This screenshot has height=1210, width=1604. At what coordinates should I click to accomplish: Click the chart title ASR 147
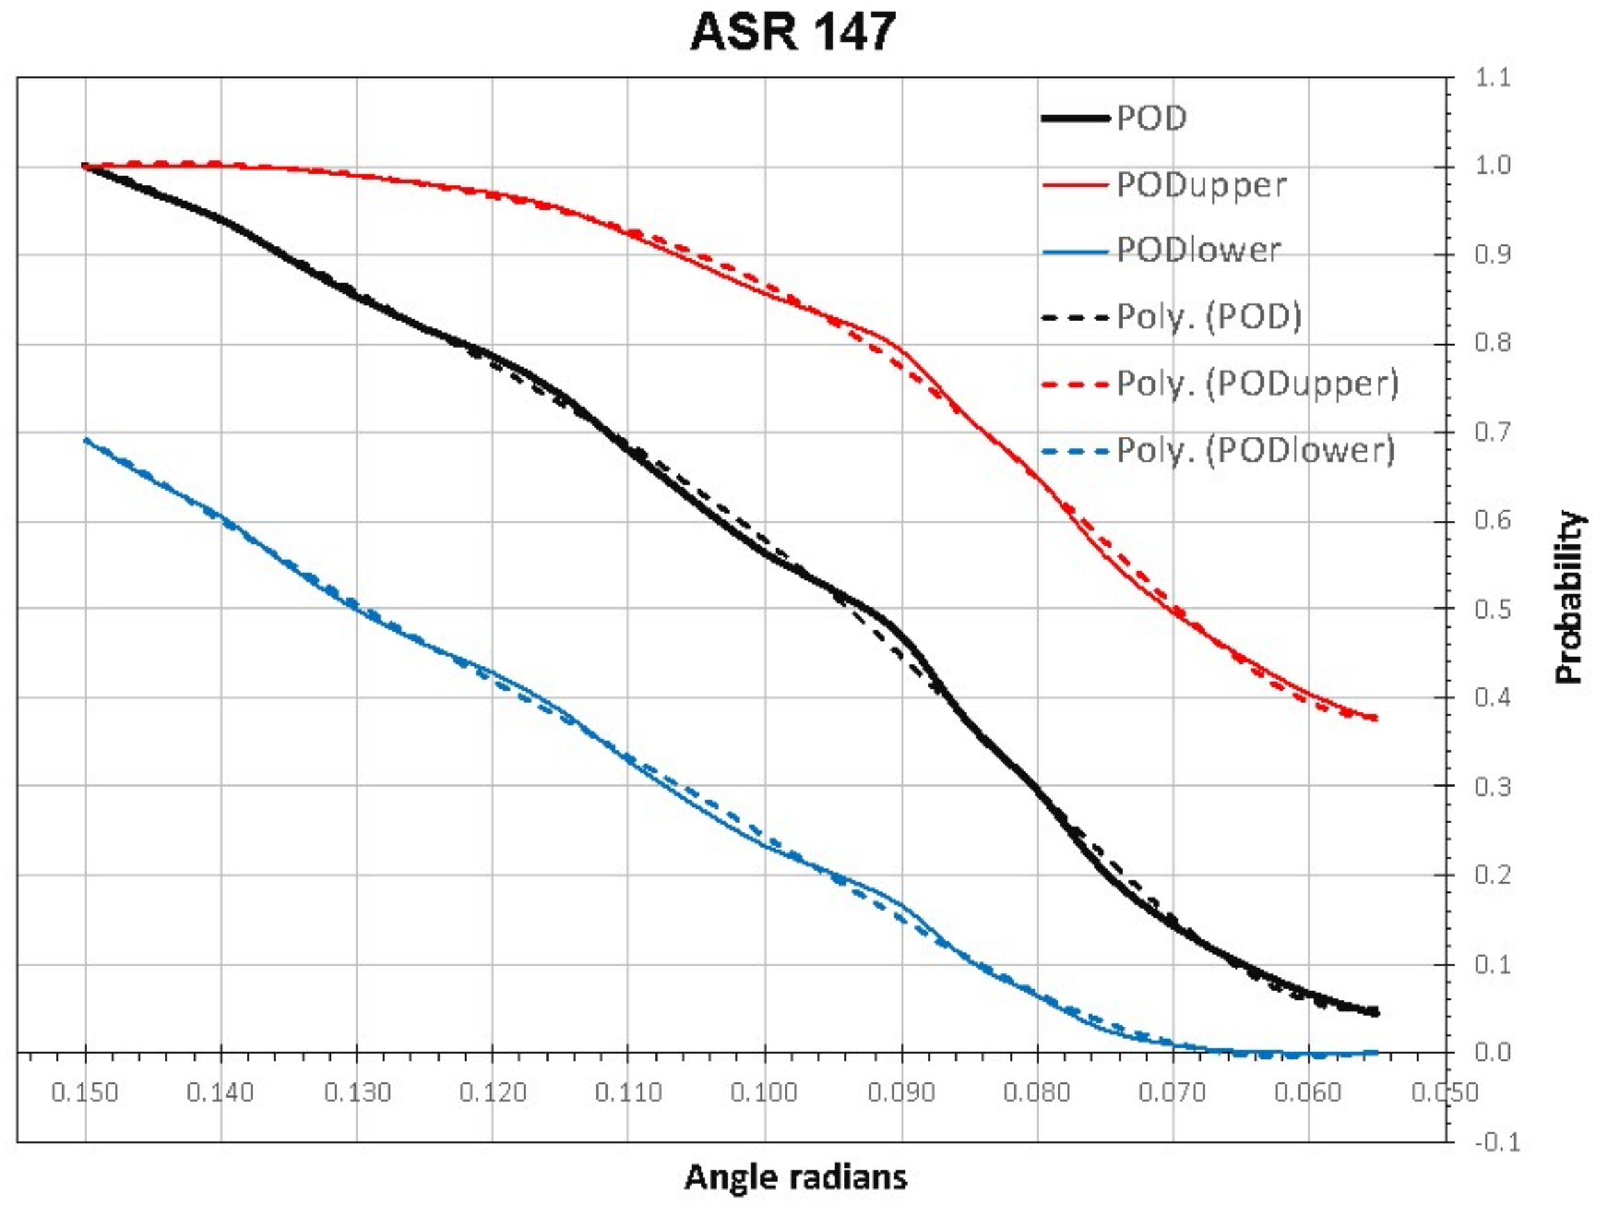[x=793, y=33]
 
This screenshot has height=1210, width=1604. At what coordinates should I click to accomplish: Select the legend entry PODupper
[x=1201, y=185]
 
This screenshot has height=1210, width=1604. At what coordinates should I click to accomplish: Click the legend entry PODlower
[x=1198, y=251]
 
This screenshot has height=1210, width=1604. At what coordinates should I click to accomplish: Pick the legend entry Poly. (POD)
[x=1209, y=317]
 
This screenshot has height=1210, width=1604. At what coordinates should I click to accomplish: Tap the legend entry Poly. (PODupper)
[x=1257, y=383]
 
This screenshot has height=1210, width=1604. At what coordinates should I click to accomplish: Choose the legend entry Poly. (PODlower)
[x=1255, y=451]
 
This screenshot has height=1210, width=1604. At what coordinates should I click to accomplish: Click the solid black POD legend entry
[x=1151, y=118]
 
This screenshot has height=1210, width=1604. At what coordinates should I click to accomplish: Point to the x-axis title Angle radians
[x=796, y=1177]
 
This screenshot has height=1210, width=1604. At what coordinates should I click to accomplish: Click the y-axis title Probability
[x=1570, y=598]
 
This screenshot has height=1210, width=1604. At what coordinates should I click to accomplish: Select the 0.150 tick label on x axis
[x=85, y=1093]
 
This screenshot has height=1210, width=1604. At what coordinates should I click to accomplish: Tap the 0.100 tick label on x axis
[x=765, y=1093]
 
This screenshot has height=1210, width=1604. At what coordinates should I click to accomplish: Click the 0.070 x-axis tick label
[x=1173, y=1093]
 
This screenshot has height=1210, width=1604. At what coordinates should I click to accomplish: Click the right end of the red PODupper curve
[x=1376, y=718]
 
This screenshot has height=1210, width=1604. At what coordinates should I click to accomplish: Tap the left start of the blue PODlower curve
[x=86, y=440]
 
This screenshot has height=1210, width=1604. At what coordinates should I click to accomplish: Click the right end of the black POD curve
[x=1376, y=1012]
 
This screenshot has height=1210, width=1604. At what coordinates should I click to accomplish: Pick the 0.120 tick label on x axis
[x=492, y=1093]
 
